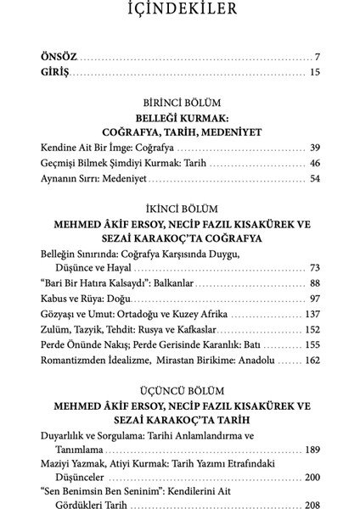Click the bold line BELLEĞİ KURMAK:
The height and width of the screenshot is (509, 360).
click(180, 118)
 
